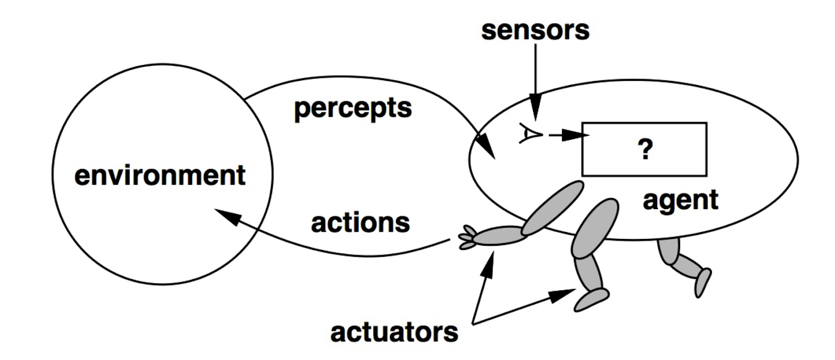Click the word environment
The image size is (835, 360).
tap(160, 175)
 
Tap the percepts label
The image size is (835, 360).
tap(353, 109)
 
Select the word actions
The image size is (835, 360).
tap(360, 223)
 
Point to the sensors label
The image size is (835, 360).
tap(535, 30)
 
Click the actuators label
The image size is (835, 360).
tap(394, 332)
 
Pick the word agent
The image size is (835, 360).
tap(681, 200)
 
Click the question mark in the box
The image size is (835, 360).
tap(645, 150)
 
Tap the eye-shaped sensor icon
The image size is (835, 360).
tap(530, 134)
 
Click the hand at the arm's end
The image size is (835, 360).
tap(468, 237)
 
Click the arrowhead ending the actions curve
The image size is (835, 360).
tap(227, 215)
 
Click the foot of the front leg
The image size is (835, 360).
tap(591, 299)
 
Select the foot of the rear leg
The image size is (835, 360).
tap(703, 282)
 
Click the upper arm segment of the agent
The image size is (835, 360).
tap(552, 208)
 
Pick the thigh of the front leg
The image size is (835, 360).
tap(595, 228)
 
